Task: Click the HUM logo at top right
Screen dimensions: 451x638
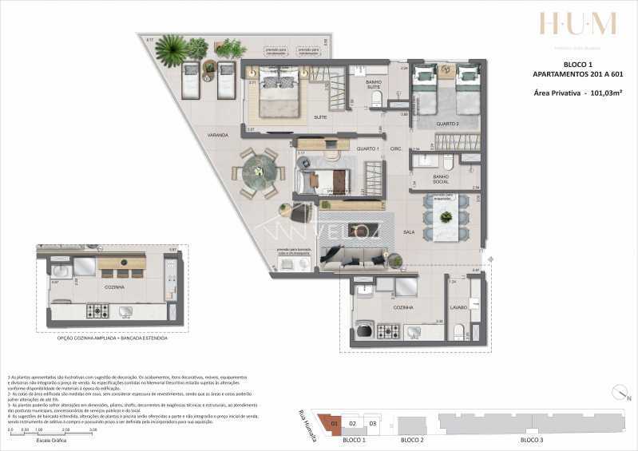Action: point(577,24)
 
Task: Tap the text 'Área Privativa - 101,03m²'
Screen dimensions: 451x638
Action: point(578,93)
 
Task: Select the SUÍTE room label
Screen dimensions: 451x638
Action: point(276,117)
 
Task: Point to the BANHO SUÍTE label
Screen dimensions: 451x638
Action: point(373,85)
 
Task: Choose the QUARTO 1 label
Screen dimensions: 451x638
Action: point(367,149)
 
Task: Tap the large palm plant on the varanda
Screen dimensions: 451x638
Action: point(172,52)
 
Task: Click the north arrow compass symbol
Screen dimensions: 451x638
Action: point(619,393)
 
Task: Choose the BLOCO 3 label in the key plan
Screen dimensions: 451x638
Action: point(531,440)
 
